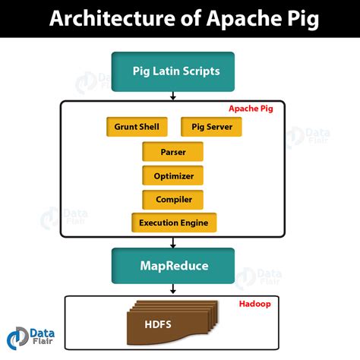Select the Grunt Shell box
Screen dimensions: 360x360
click(x=137, y=127)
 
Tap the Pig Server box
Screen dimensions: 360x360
click(x=211, y=127)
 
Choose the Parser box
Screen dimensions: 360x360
click(x=173, y=152)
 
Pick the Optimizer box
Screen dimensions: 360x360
click(x=173, y=176)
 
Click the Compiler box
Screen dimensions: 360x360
click(x=173, y=200)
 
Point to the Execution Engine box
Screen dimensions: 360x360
click(x=173, y=223)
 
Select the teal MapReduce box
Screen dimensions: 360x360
click(x=173, y=267)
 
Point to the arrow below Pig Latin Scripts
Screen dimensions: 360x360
click(x=173, y=95)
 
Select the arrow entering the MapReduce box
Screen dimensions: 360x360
click(x=173, y=242)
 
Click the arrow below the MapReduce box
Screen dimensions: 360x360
click(x=173, y=289)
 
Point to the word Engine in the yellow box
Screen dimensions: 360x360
click(x=194, y=223)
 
